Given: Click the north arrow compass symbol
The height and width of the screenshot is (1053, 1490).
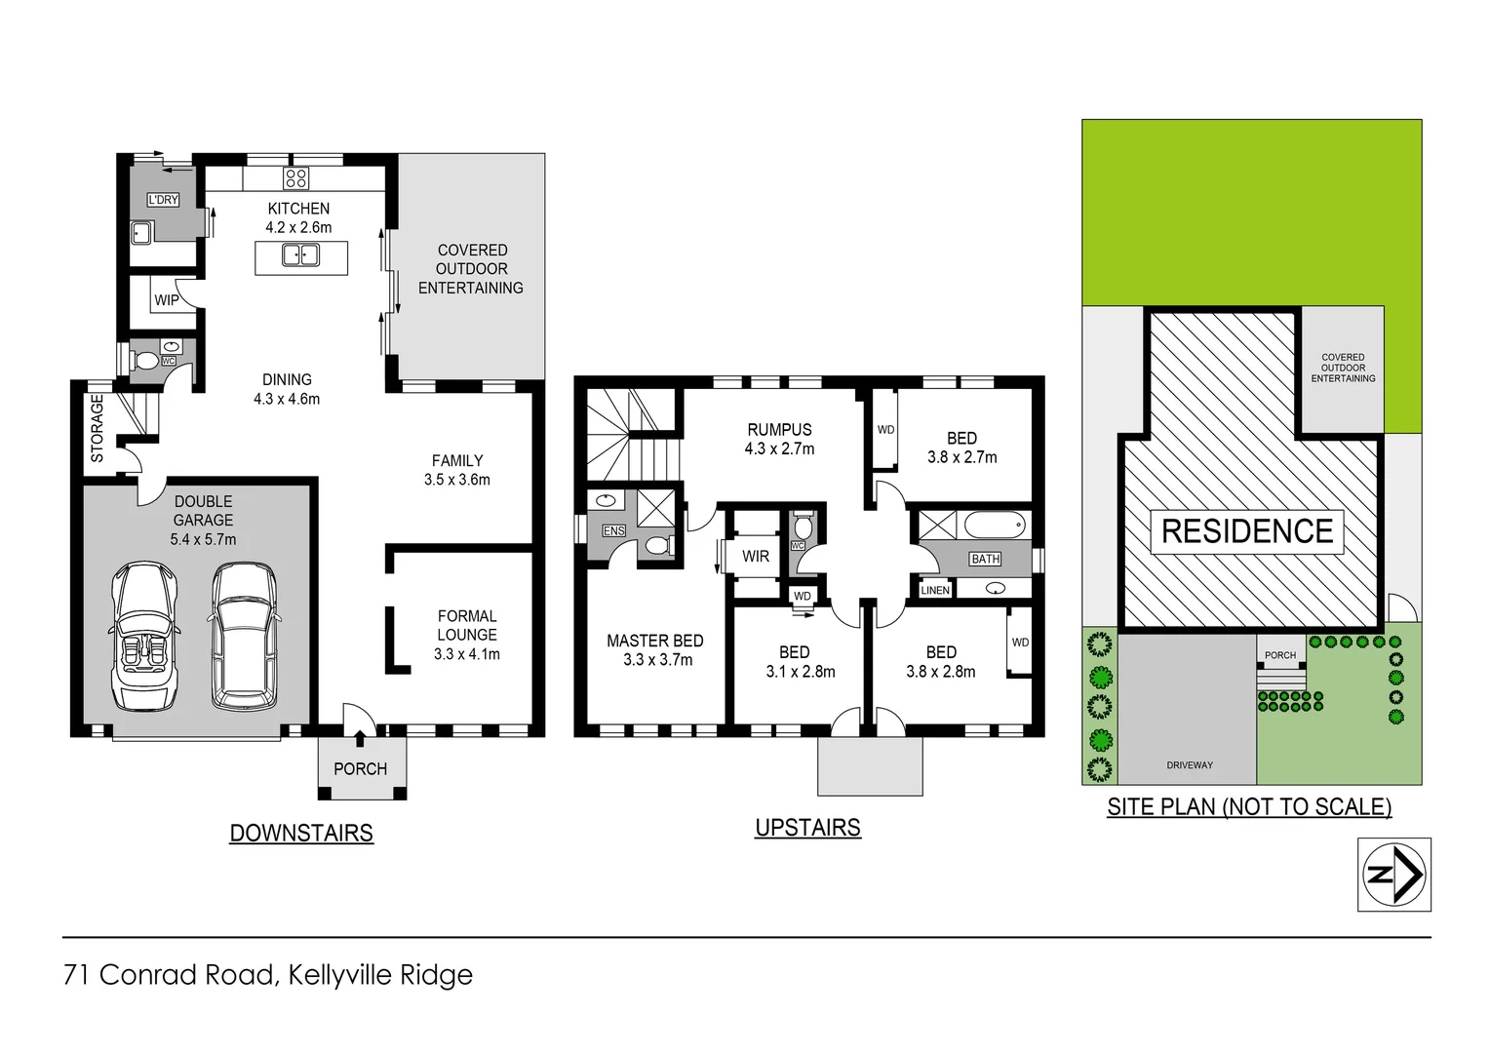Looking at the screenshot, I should (x=1394, y=875).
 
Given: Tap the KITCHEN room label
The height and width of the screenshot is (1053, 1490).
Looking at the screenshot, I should (x=298, y=209).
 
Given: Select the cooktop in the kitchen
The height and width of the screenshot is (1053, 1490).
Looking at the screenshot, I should (x=295, y=177).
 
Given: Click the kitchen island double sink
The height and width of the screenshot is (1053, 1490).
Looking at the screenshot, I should (x=300, y=255).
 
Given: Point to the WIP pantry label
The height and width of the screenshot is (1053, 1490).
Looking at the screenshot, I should (x=167, y=300).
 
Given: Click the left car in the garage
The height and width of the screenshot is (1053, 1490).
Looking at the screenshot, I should (x=145, y=636).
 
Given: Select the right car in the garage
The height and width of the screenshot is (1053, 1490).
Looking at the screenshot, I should (x=244, y=636).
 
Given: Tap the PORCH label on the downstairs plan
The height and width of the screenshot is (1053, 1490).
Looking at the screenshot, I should (x=361, y=769).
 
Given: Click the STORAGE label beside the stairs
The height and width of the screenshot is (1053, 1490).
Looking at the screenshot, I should (x=98, y=428).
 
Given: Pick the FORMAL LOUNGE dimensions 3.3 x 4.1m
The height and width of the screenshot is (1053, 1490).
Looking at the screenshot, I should (x=467, y=654).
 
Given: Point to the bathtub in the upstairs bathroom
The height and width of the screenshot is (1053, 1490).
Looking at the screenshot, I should (x=995, y=526).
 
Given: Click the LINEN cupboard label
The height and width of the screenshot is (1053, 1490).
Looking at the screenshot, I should (x=935, y=590).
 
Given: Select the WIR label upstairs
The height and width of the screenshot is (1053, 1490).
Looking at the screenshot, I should (x=756, y=557).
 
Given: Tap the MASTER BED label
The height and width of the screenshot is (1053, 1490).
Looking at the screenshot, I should (x=655, y=641).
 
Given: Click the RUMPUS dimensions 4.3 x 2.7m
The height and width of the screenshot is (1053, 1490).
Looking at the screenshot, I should (x=779, y=448).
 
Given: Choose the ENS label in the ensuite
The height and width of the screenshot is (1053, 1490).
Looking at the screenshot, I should (x=614, y=530).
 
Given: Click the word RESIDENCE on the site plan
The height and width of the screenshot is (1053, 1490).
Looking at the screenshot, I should (x=1247, y=531).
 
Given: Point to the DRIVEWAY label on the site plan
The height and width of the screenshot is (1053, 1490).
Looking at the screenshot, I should (x=1190, y=765).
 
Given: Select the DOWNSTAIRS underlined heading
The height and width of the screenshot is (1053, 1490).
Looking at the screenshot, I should (x=301, y=834).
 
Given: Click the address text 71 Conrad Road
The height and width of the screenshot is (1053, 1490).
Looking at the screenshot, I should (x=171, y=975).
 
